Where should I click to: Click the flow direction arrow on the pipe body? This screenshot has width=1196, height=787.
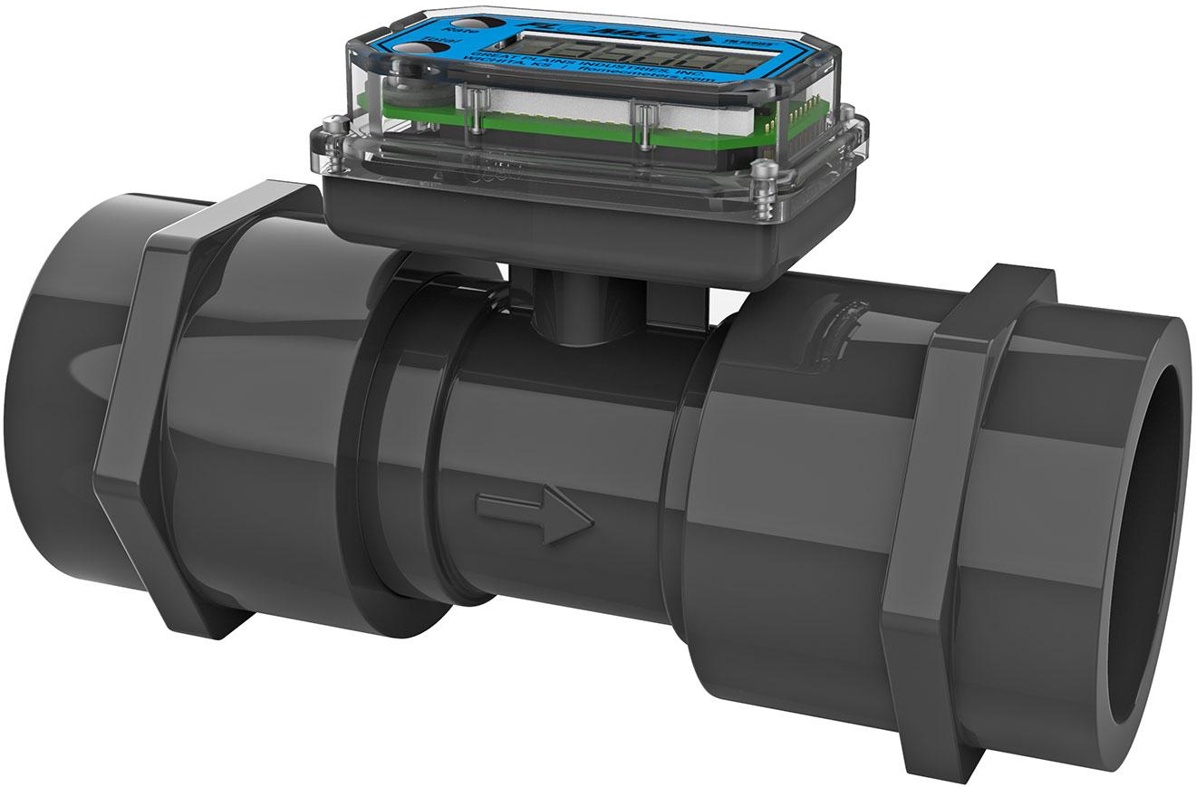click(x=535, y=517)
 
